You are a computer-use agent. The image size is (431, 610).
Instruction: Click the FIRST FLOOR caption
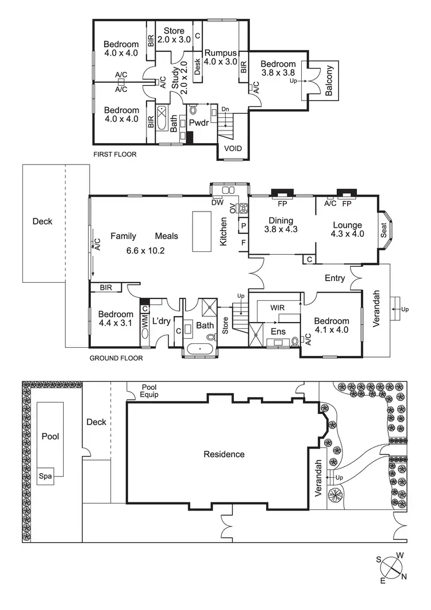point(115,154)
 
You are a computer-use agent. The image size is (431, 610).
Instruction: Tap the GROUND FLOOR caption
point(116,358)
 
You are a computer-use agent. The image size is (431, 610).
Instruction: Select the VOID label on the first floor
point(233,149)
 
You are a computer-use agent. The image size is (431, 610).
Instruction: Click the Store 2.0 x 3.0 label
point(174,35)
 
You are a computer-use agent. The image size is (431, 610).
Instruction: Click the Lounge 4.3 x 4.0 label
point(347,229)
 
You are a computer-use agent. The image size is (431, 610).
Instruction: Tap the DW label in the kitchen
point(217,202)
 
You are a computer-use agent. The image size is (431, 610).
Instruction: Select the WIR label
point(278,308)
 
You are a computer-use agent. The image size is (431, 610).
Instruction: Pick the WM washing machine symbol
point(145,325)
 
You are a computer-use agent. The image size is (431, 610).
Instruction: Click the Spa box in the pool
point(45,477)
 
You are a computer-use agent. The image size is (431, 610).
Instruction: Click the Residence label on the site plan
point(224,454)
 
